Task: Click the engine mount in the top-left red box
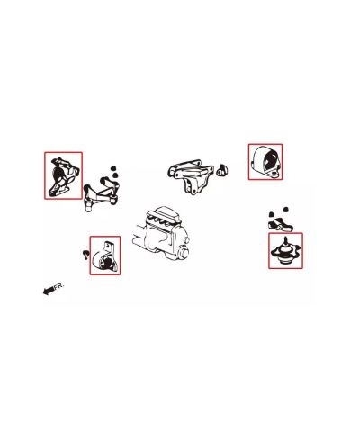pos(62,175)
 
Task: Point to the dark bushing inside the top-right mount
pos(266,163)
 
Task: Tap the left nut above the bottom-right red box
pos(270,211)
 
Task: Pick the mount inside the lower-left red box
pos(104,257)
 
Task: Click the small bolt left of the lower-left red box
pos(84,252)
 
